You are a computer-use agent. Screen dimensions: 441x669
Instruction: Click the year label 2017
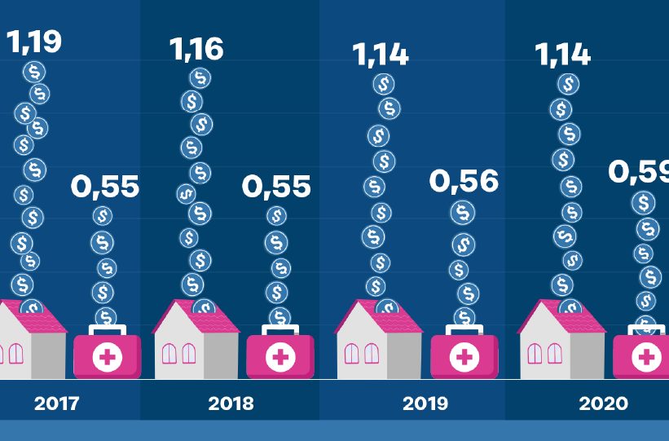[x=57, y=404]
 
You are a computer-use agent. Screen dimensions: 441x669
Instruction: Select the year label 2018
[x=231, y=404]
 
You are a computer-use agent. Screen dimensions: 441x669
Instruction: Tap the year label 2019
[x=425, y=404]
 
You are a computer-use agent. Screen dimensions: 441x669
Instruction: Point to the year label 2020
[x=604, y=404]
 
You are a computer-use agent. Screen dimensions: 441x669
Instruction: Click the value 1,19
[x=34, y=41]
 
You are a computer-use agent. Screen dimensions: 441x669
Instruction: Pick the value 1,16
[x=196, y=49]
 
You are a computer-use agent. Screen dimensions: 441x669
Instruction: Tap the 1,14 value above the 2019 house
[x=381, y=55]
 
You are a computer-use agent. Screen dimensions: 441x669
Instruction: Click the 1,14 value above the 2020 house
[x=562, y=55]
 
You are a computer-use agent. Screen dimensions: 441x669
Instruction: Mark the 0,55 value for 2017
[x=104, y=187]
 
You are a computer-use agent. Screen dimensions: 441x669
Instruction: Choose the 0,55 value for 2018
[x=276, y=187]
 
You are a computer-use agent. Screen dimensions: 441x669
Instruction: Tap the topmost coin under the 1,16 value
[x=199, y=78]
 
